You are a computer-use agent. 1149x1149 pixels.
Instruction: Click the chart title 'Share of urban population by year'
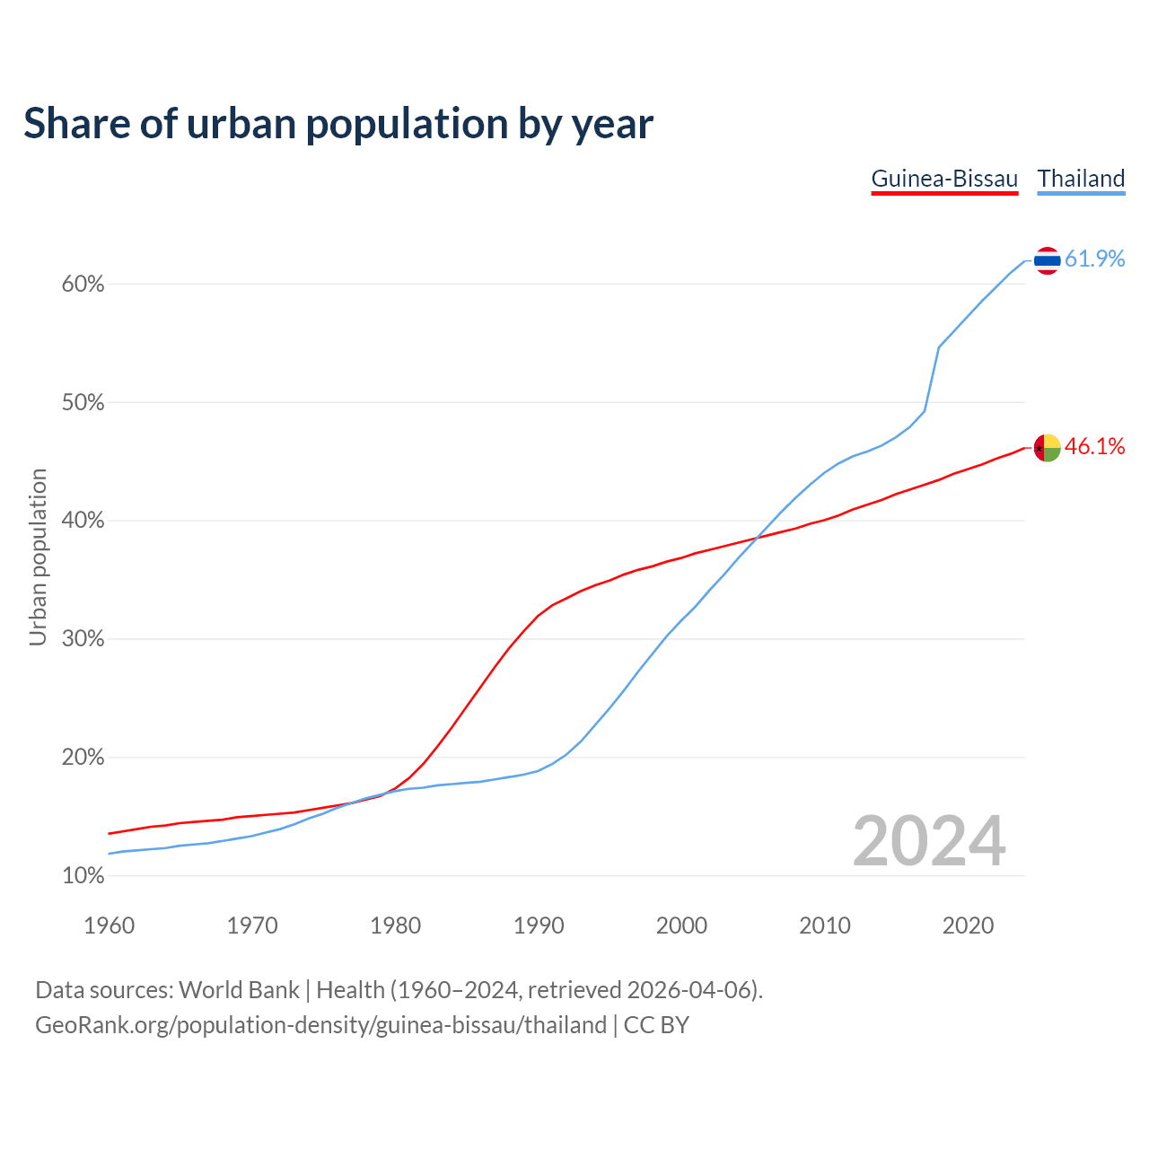(x=338, y=124)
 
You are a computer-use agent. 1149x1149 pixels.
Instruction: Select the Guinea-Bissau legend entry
(x=944, y=179)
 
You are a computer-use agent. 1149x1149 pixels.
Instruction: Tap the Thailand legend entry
(x=1081, y=179)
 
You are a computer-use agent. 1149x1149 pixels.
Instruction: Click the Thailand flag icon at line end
(x=1047, y=260)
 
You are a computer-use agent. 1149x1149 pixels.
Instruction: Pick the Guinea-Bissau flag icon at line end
(x=1047, y=447)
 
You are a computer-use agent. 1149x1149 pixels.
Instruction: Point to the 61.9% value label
(x=1094, y=259)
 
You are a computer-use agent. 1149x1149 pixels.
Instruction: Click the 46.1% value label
(x=1094, y=447)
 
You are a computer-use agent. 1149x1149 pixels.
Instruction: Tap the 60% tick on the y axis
(x=83, y=285)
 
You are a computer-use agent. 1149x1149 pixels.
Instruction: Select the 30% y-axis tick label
(x=83, y=639)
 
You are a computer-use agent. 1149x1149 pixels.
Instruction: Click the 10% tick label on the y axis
(x=83, y=876)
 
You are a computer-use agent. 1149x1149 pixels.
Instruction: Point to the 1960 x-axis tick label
(x=109, y=925)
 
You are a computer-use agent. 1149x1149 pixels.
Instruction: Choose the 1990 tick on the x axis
(x=539, y=925)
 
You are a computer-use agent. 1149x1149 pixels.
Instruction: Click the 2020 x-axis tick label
(x=968, y=925)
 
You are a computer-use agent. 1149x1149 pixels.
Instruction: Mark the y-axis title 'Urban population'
(x=38, y=557)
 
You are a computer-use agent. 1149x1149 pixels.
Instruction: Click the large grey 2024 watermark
(x=929, y=841)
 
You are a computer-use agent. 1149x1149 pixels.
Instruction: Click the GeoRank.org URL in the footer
(x=320, y=1025)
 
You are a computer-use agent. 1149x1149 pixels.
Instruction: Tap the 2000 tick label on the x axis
(x=681, y=925)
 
